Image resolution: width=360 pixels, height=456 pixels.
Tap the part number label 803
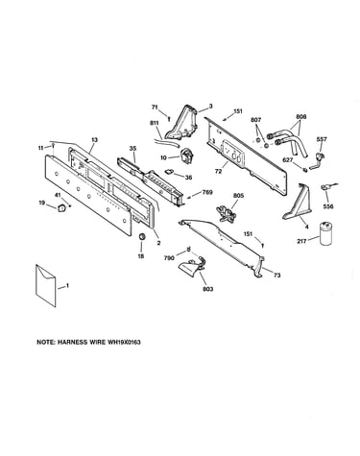tap(208, 289)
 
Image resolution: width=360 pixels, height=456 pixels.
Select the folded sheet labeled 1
tap(45, 286)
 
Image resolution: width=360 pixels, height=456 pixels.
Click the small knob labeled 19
tap(60, 208)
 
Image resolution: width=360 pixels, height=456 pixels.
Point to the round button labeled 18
tap(141, 237)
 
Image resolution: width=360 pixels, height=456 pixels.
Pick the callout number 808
tap(300, 117)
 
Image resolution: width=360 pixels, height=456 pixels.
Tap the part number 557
tap(322, 139)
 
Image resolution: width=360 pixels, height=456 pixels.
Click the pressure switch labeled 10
tap(186, 155)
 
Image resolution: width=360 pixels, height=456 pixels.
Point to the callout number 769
tap(207, 193)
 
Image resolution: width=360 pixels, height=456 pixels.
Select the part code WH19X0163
tap(124, 342)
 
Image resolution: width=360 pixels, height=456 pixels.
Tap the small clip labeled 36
tap(169, 172)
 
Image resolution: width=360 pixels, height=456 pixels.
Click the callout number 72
tap(218, 172)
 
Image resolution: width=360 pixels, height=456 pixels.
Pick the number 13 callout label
tap(94, 140)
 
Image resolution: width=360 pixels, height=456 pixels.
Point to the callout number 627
tap(288, 160)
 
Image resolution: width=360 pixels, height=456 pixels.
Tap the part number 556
tap(328, 206)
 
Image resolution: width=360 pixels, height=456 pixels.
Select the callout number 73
tap(277, 275)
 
